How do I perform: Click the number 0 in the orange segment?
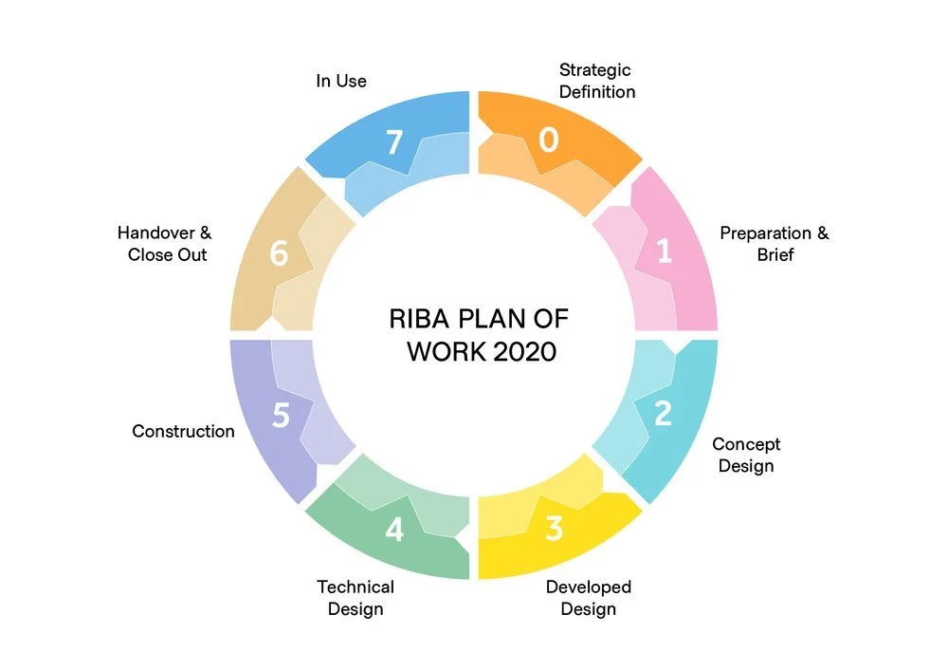tap(549, 140)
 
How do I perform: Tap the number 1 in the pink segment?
tap(664, 251)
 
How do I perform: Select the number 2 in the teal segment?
tap(664, 413)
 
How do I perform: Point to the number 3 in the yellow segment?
tap(555, 529)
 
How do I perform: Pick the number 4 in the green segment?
tap(394, 529)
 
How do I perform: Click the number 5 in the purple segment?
tap(281, 416)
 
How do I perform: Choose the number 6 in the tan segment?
tap(279, 254)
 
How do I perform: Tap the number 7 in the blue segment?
tap(394, 142)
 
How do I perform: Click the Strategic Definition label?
tap(596, 81)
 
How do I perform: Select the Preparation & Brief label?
tap(774, 244)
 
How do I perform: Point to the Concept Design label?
tap(746, 455)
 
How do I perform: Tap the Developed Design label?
tap(588, 598)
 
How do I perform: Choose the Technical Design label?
tap(355, 598)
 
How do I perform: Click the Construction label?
tap(183, 431)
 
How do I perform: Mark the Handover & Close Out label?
tap(166, 244)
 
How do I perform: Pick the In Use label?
tap(340, 81)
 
